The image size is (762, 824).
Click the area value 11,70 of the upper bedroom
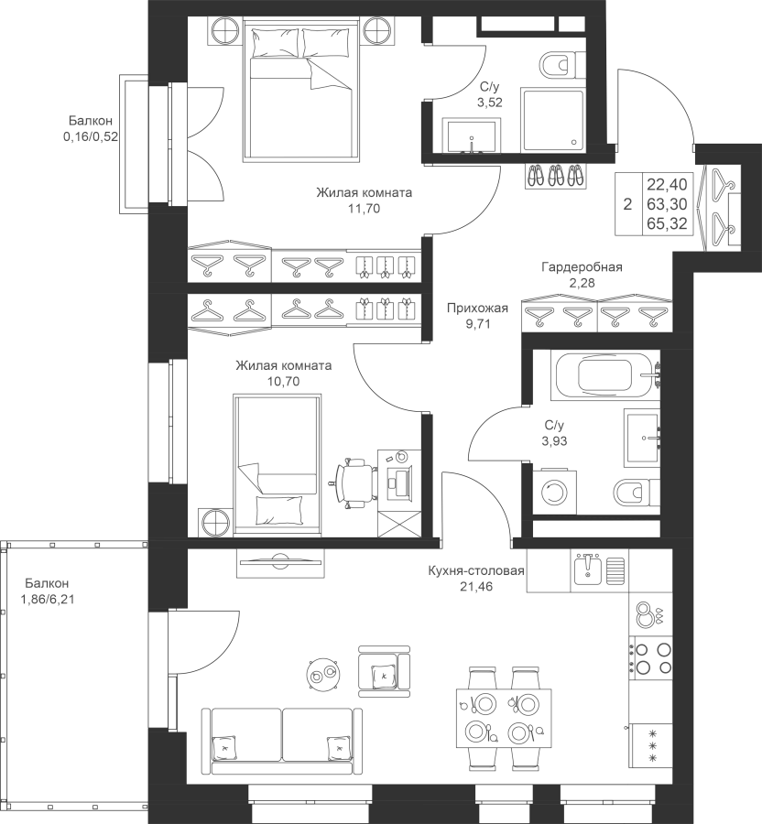pos(364,209)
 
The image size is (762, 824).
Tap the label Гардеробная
pos(582,267)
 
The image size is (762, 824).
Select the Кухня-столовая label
pos(475,572)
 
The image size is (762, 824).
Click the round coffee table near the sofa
pos(321,675)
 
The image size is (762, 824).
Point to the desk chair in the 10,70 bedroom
pos(354,480)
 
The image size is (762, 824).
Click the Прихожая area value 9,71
pos(476,323)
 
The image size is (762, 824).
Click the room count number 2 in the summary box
pos(627,204)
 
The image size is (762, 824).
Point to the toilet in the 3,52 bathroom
pos(560,64)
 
